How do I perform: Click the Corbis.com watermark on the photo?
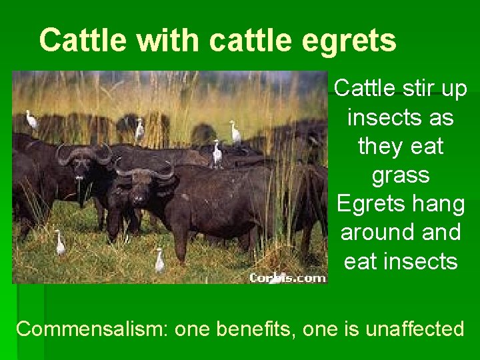click(287, 278)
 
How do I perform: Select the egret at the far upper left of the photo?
click(31, 120)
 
